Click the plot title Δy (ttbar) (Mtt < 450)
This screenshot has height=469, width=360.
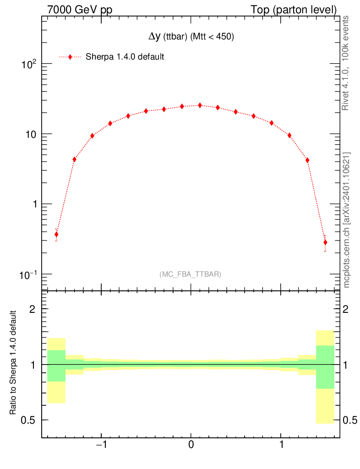coord(191,38)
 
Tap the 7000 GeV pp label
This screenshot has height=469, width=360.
coord(76,10)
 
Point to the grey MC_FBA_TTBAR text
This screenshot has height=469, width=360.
coord(191,274)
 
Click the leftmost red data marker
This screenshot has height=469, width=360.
coord(56,234)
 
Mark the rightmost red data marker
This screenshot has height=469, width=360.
coord(325,242)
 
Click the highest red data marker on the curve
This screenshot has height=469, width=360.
coord(200,105)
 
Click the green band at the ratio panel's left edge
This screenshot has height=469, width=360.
coord(56,365)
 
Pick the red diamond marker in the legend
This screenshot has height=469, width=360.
coord(70,57)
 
